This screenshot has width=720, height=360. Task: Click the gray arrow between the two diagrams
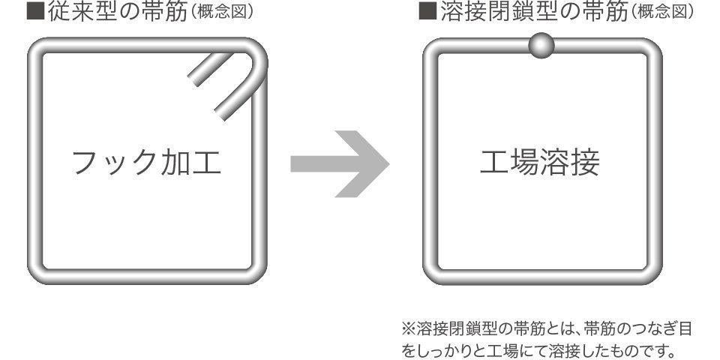point(340,164)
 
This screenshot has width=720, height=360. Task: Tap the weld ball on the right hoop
point(541,46)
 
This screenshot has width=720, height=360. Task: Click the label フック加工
point(147,163)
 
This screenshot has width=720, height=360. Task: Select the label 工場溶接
point(540,163)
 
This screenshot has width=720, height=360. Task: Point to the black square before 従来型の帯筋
point(35,12)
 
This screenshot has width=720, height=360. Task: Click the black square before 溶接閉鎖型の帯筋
point(427,12)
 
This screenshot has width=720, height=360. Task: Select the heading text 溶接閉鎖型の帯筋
point(533,12)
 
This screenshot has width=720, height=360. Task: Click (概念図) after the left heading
point(220,13)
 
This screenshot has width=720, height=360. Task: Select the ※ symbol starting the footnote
point(408,329)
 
